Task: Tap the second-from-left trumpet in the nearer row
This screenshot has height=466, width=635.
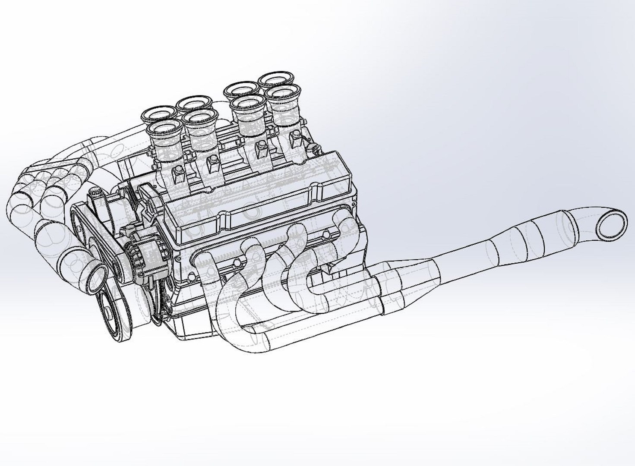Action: (199, 118)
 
